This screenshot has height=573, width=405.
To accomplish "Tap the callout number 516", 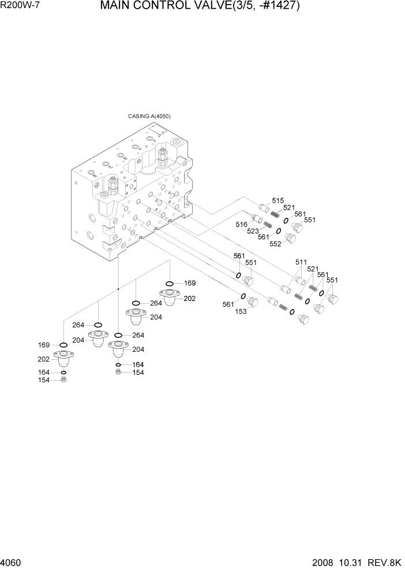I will pyautogui.click(x=241, y=224).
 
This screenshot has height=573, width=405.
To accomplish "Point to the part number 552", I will pyautogui.click(x=275, y=244).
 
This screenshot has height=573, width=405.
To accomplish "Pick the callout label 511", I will pyautogui.click(x=301, y=262).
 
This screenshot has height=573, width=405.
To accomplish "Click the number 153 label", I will pyautogui.click(x=241, y=312).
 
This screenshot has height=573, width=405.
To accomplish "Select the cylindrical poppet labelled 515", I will pyautogui.click(x=265, y=208).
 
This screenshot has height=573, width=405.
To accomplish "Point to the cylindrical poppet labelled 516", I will pyautogui.click(x=257, y=218).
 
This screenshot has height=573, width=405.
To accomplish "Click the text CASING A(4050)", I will pyautogui.click(x=149, y=116).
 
